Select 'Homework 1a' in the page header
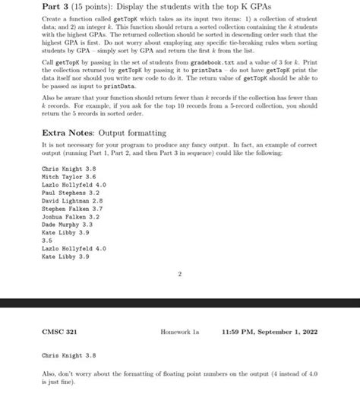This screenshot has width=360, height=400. coord(182,331)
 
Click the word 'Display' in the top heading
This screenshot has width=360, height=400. coord(105,8)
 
